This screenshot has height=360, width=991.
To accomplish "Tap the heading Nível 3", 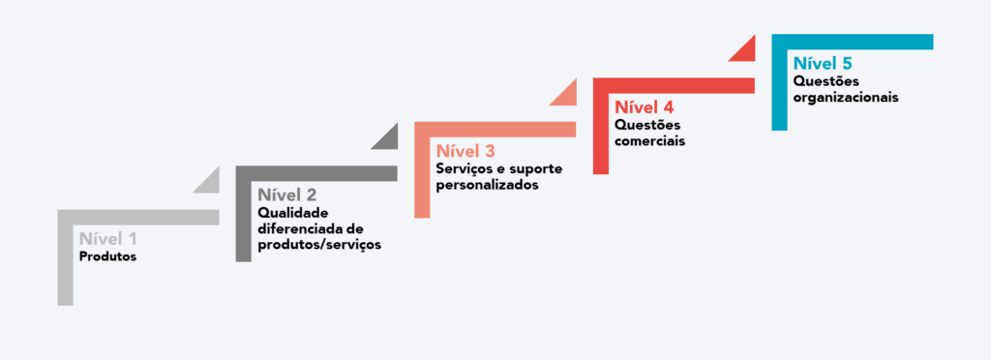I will pos(465,151).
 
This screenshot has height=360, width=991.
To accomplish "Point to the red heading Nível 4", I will pos(644,106).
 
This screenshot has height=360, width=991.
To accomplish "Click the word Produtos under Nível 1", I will pos(107,257).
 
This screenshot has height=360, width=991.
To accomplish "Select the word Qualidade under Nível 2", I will pos(293,213).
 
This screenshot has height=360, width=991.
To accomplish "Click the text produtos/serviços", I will pos(319,245).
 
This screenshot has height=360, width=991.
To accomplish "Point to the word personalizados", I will pos(487,185).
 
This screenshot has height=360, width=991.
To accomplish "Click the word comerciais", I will pos(649,140).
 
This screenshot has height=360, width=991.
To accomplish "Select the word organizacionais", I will pos(845,97).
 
